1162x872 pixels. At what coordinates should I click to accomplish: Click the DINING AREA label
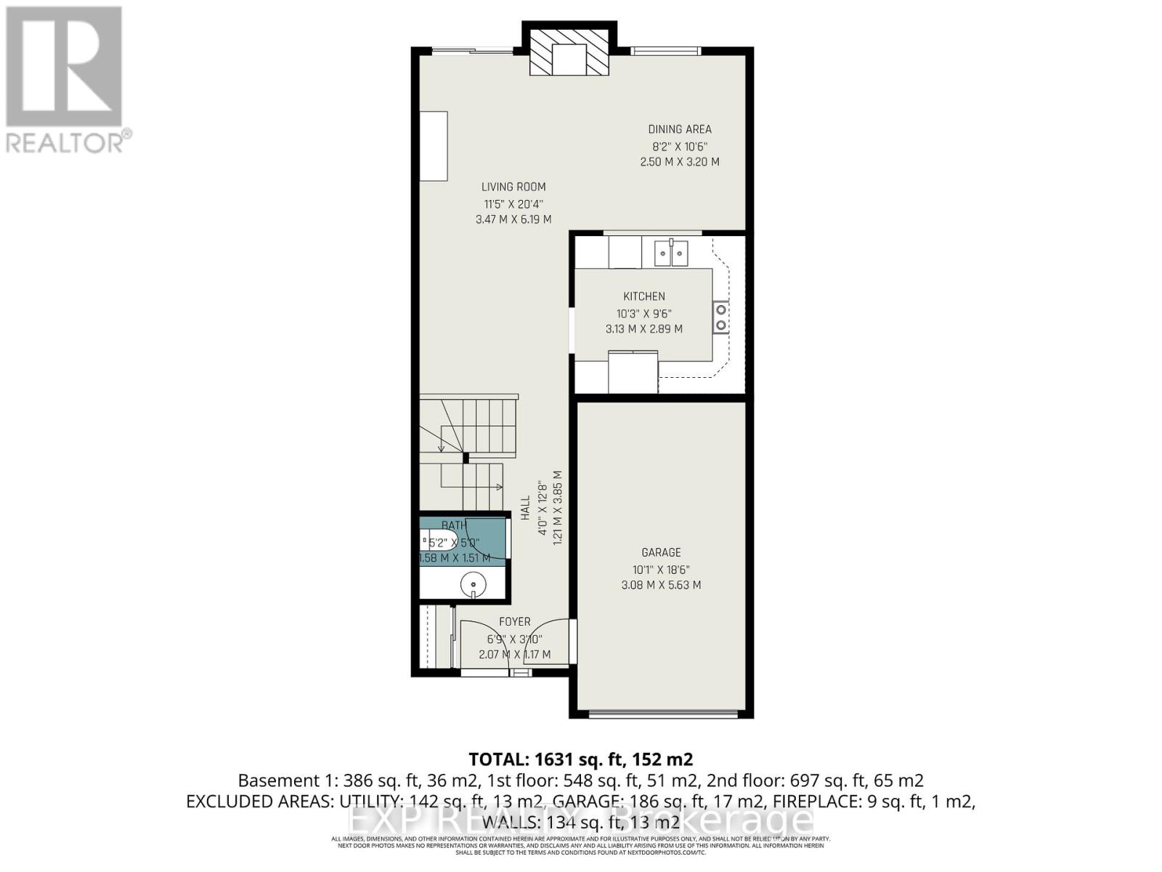[680, 129]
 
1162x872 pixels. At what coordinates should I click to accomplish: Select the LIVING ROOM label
[513, 187]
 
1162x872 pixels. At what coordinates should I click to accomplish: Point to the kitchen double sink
[671, 253]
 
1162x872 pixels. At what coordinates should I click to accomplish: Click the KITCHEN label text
[644, 296]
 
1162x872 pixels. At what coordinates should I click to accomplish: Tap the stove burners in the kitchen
[720, 317]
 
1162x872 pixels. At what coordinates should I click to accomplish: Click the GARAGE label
[661, 552]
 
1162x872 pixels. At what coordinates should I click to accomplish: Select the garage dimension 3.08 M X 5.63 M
[661, 585]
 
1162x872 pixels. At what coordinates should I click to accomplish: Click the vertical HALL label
[525, 507]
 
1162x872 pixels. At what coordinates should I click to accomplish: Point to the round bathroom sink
[474, 583]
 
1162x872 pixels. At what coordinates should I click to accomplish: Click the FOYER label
[514, 622]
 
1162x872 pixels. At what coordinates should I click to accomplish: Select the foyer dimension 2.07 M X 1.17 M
[514, 655]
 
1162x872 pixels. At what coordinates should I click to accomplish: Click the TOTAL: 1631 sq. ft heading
[580, 759]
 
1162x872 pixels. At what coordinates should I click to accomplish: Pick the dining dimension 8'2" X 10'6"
[679, 145]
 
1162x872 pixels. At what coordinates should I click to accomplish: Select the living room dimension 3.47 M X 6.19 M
[513, 219]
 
